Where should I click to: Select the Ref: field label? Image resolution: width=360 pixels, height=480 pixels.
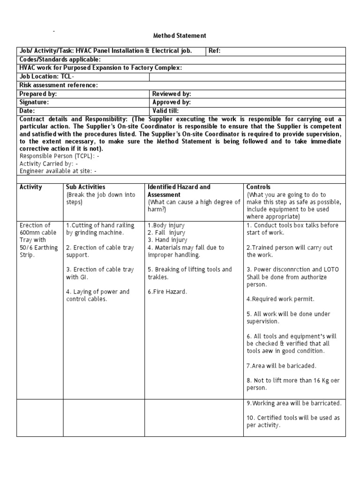(215, 51)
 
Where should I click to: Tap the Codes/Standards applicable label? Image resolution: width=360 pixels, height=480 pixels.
(60, 60)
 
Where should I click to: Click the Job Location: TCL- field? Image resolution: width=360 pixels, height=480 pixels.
(46, 76)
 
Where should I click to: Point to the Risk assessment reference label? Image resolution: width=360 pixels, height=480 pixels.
(59, 85)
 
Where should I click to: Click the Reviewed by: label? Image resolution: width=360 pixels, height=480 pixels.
(172, 94)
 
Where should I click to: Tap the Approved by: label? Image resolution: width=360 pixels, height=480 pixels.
(172, 102)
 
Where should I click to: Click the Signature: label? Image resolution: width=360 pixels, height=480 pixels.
(34, 102)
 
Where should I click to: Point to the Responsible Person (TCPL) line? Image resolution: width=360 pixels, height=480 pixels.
(59, 156)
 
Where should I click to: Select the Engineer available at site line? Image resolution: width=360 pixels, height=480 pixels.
(58, 172)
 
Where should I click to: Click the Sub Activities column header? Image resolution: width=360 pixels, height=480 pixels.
(86, 187)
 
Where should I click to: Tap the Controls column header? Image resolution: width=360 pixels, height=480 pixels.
(258, 187)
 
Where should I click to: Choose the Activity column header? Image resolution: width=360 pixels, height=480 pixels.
(31, 187)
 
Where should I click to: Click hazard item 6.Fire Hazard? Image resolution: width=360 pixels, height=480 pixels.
(167, 292)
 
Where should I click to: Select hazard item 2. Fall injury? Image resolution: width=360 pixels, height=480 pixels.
(166, 232)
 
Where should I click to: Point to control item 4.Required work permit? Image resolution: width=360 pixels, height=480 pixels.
(274, 299)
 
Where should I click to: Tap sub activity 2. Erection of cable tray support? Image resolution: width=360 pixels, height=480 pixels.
(100, 251)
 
